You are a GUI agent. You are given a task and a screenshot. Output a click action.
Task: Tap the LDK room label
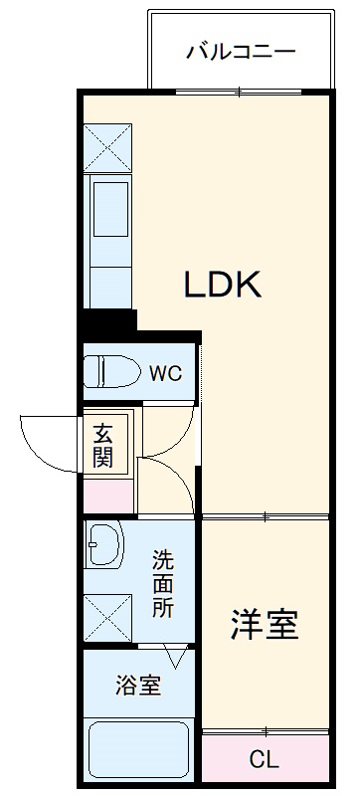pyautogui.click(x=221, y=285)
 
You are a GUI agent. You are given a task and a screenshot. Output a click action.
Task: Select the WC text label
pyautogui.click(x=165, y=374)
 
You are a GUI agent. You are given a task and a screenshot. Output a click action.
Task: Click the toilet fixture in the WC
pyautogui.click(x=110, y=372)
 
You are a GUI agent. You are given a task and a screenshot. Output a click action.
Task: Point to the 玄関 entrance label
pyautogui.click(x=103, y=445)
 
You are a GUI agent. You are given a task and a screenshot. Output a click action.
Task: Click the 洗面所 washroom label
pyautogui.click(x=163, y=584)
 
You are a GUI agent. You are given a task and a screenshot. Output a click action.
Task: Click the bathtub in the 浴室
pyautogui.click(x=138, y=749)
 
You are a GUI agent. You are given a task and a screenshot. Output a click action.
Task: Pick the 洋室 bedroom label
pyautogui.click(x=265, y=625)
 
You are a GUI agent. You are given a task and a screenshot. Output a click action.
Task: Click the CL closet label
pyautogui.click(x=265, y=761)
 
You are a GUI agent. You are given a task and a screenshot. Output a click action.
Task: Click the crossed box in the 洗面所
pyautogui.click(x=107, y=616)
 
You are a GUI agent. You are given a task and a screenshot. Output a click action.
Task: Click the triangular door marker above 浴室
pyautogui.click(x=177, y=657)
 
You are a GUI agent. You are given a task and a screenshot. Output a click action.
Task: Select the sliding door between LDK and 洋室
pyautogui.click(x=266, y=516)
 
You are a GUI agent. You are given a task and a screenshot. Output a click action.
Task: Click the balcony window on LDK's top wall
pyautogui.click(x=240, y=94)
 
